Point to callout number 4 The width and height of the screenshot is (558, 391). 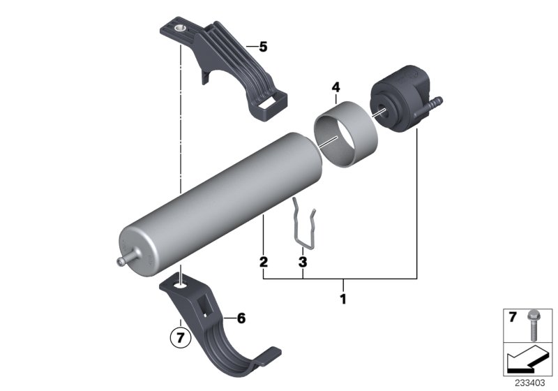(335, 88)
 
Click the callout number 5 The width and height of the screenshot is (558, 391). (262, 47)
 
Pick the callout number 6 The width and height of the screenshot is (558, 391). (241, 318)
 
